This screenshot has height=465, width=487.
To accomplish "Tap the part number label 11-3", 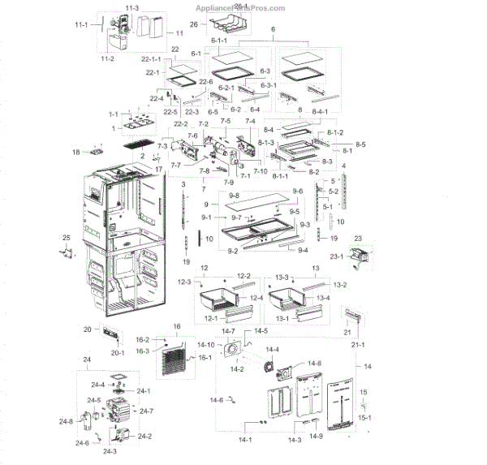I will coord(131,7).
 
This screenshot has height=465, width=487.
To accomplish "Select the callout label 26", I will coord(194,24).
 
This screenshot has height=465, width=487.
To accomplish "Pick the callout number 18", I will coord(75,152).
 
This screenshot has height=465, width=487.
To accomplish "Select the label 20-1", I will coord(118,353).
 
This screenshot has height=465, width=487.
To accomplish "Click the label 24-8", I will coord(66,421).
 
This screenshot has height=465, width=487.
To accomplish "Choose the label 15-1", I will coord(364,418).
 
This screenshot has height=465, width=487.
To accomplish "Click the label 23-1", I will coord(357,257).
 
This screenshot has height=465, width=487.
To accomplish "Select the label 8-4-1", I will coord(317,111).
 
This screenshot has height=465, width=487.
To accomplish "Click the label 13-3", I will coord(282,277).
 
